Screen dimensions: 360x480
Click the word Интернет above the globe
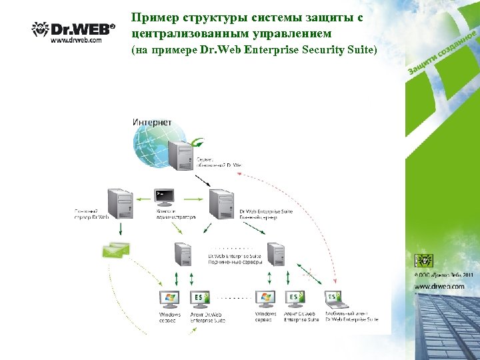pos(153,122)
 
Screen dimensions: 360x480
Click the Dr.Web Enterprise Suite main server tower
pos(221,203)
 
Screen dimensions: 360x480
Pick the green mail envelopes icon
pos(115,251)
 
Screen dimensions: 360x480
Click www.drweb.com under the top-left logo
pos(76,40)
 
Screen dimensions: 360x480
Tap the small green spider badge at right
pos(423,259)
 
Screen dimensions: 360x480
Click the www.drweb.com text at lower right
pos(439,286)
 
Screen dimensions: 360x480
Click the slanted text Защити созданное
pos(441,53)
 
